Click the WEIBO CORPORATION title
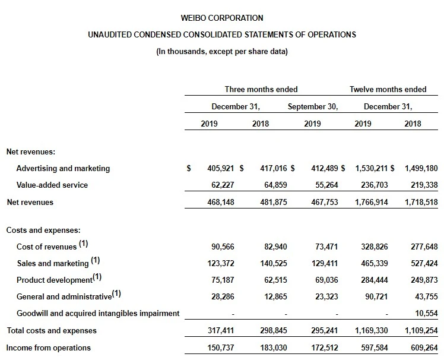click(x=222, y=18)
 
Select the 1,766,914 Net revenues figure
click(x=372, y=202)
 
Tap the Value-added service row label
click(x=52, y=185)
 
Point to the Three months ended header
click(x=261, y=89)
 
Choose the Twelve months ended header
click(x=388, y=89)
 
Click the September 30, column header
click(x=313, y=107)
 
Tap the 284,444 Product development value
click(x=372, y=279)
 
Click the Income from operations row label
click(x=49, y=347)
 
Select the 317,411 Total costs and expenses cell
click(x=222, y=330)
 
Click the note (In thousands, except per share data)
click(x=222, y=52)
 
